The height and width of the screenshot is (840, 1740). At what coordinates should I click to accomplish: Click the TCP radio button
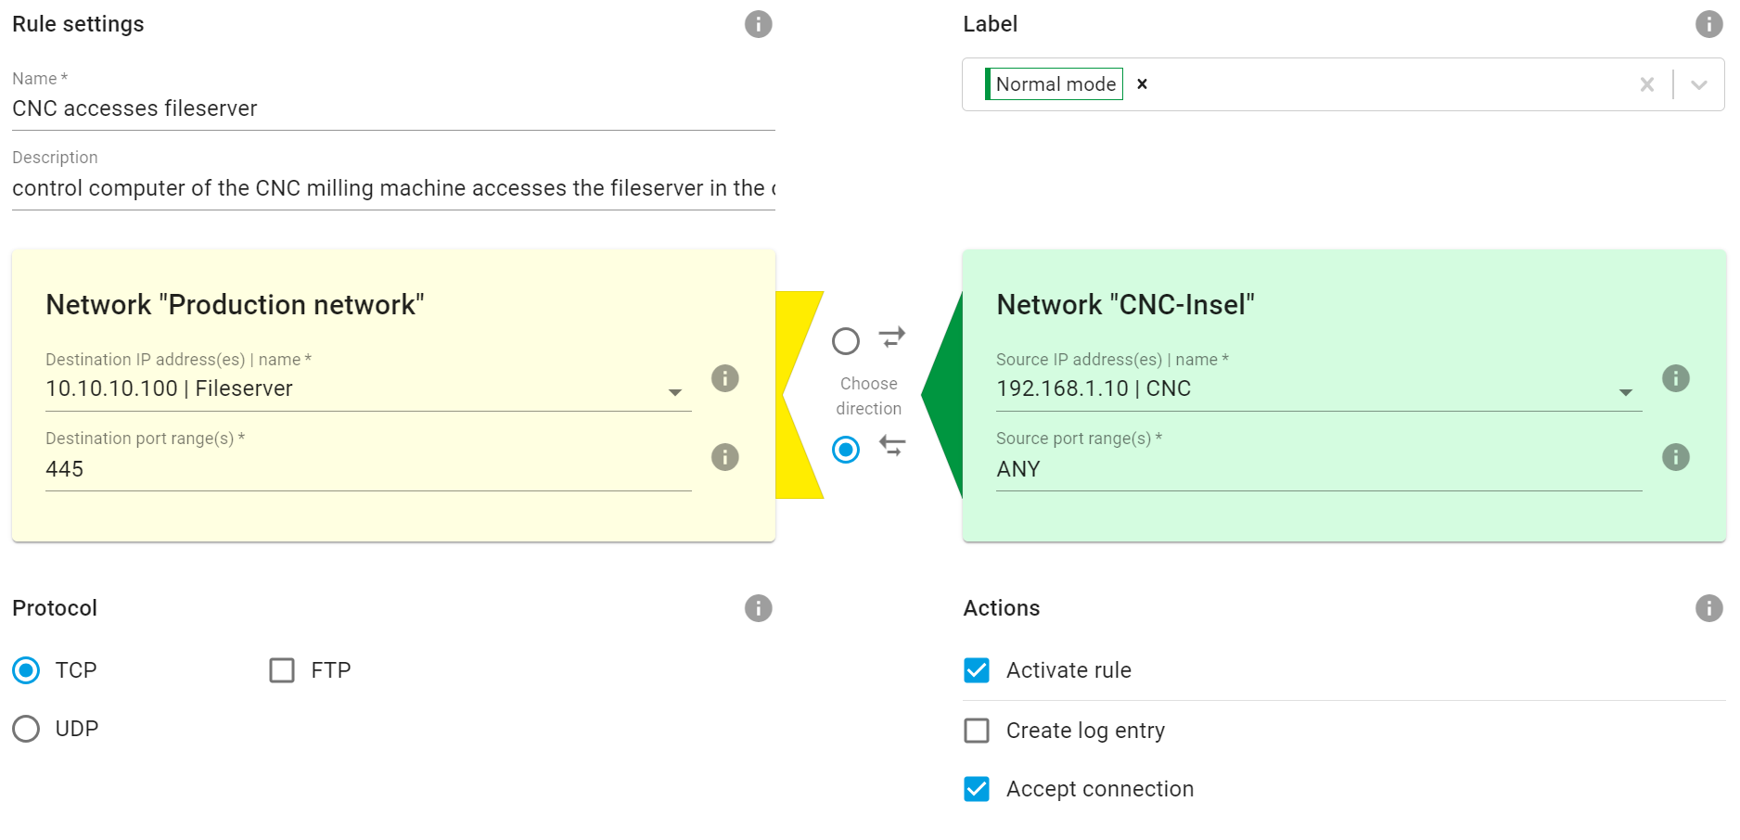(x=26, y=670)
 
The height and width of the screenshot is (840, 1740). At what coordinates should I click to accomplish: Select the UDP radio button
(x=26, y=729)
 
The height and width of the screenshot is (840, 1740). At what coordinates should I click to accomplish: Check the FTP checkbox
(x=282, y=670)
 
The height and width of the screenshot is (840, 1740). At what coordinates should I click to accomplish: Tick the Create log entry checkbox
(x=977, y=731)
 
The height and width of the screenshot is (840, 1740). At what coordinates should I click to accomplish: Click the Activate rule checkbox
(x=977, y=670)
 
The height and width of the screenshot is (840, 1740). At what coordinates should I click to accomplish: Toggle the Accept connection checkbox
(x=977, y=789)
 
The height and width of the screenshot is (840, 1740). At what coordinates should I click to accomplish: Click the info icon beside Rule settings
(x=758, y=24)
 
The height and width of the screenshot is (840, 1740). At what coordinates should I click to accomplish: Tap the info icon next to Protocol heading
(x=758, y=608)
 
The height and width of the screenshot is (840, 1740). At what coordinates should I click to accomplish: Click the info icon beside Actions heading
(x=1708, y=608)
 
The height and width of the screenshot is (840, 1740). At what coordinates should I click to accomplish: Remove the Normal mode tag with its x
(x=1143, y=84)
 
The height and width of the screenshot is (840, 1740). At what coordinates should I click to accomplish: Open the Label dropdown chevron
(x=1699, y=85)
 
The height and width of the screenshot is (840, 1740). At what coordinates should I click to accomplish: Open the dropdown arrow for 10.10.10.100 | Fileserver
(x=675, y=392)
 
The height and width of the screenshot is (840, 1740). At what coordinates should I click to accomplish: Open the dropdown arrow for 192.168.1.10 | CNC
(x=1626, y=392)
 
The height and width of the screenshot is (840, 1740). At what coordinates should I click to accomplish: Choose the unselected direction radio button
(x=846, y=341)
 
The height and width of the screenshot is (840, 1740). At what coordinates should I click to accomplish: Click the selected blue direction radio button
(x=846, y=450)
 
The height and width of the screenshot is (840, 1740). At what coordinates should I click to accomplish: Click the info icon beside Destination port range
(x=724, y=457)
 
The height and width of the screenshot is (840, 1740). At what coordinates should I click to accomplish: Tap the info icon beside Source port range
(x=1675, y=457)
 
